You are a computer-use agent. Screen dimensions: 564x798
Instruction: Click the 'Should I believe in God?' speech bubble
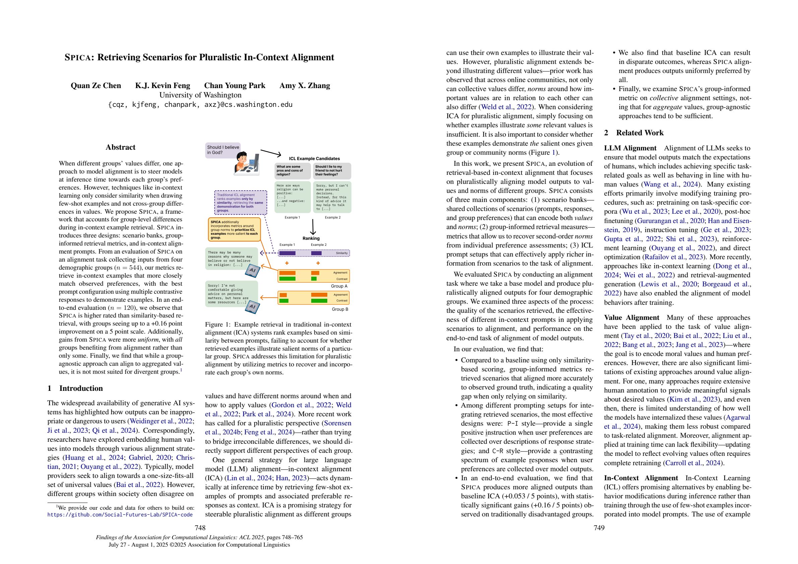pos(223,150)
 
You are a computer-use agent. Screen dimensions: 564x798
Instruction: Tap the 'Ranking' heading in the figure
pos(311,238)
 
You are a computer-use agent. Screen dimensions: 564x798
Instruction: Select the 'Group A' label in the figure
pos(339,286)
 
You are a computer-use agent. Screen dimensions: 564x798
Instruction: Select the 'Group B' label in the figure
pos(340,309)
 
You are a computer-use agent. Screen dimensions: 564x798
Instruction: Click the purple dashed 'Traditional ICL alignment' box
pos(241,203)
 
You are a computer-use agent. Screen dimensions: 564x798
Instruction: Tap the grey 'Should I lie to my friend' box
pos(332,170)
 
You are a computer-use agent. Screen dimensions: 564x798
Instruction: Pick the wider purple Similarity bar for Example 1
pos(287,253)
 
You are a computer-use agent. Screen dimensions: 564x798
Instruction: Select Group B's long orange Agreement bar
pos(319,295)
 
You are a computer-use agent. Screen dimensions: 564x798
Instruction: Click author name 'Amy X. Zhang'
pos(305,86)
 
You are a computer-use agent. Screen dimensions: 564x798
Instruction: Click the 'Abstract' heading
pos(120,147)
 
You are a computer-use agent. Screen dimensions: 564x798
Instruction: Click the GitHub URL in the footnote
pos(120,515)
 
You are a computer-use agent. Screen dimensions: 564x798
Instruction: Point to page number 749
pos(599,528)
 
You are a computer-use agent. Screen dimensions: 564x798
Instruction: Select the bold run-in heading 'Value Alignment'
pos(631,318)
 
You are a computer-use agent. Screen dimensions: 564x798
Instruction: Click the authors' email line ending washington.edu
pos(200,104)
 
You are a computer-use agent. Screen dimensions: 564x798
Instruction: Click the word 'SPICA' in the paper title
pos(78,58)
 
